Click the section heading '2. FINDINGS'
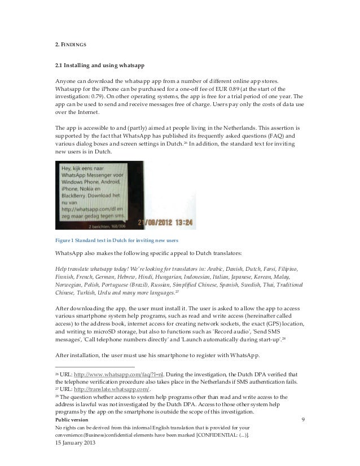pos(70,43)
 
